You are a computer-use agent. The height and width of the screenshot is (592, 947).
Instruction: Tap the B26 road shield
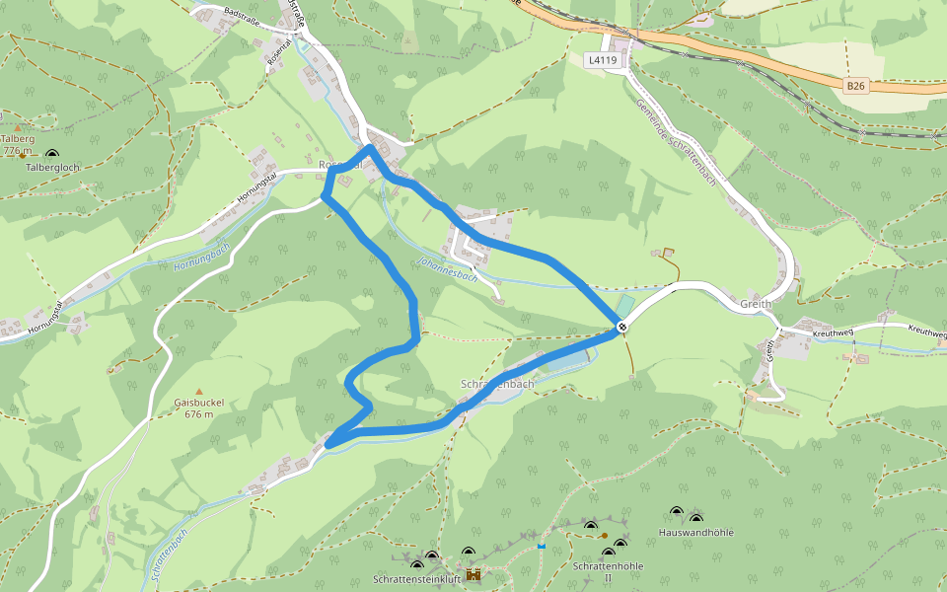coord(855,86)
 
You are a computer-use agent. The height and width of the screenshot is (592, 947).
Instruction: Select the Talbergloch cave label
coord(52,168)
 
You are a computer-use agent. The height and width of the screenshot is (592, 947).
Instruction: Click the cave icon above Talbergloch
coord(51,153)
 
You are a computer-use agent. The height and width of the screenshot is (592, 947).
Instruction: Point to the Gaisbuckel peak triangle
coord(198,392)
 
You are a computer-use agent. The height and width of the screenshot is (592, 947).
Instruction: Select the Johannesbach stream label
coord(447,269)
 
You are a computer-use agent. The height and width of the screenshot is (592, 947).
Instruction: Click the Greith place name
coord(756,305)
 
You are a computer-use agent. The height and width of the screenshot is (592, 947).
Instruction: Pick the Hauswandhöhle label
coord(695,533)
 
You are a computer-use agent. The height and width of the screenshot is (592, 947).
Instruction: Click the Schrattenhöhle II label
coord(608,572)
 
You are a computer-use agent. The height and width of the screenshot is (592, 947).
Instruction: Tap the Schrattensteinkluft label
coord(417,578)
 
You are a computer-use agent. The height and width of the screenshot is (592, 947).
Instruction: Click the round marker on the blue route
coord(622,327)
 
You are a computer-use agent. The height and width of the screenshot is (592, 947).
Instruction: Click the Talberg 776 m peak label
coord(19,145)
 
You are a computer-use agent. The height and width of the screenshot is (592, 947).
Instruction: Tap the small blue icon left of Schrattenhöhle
coord(542,545)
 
